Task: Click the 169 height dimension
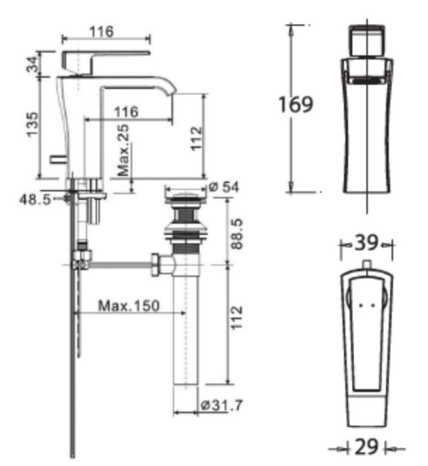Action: coord(296,104)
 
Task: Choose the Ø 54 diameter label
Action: coord(224,187)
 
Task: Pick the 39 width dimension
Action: coord(367,243)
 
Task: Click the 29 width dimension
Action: coord(366,448)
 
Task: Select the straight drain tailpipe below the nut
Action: coord(186,330)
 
